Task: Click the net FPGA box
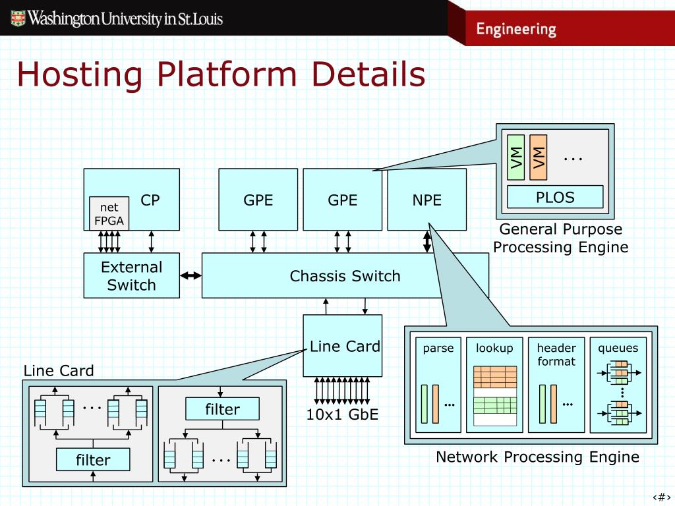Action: (109, 213)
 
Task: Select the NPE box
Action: (426, 199)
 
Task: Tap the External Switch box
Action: (131, 275)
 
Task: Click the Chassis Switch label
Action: (345, 276)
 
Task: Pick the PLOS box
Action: (555, 197)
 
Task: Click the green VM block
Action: (515, 157)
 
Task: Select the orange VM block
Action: (538, 157)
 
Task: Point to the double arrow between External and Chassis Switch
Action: (191, 275)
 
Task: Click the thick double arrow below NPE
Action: (426, 242)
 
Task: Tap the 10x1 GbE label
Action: (342, 414)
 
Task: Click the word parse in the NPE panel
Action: (438, 348)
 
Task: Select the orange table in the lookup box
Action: (494, 377)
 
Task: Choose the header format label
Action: (556, 354)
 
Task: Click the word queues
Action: (618, 348)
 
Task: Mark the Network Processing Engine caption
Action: (537, 457)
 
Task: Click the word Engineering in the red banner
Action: (516, 29)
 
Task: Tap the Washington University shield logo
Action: (18, 18)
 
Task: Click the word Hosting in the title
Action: (80, 74)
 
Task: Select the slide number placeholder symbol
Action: (661, 497)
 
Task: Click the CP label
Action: (150, 200)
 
